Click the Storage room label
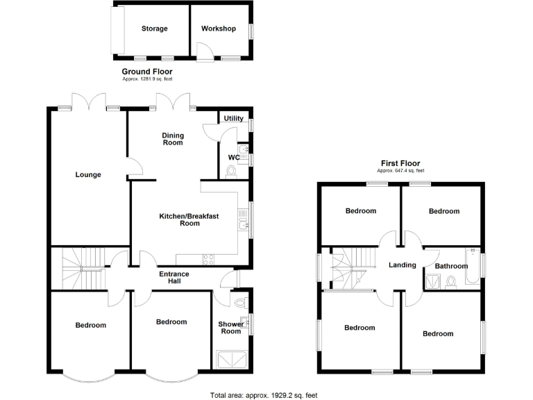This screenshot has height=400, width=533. pyautogui.click(x=154, y=28)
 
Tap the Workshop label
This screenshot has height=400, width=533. pyautogui.click(x=219, y=28)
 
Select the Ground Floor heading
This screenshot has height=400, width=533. pyautogui.click(x=147, y=72)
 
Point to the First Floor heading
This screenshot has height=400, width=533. pyautogui.click(x=400, y=163)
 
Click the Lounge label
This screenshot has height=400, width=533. pyautogui.click(x=88, y=174)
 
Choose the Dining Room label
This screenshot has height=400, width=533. pyautogui.click(x=173, y=139)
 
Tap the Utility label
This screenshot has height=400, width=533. pyautogui.click(x=234, y=119)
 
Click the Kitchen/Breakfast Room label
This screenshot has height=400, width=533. pyautogui.click(x=189, y=220)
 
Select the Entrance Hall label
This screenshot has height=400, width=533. pyautogui.click(x=174, y=278)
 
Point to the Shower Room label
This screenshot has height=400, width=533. pyautogui.click(x=231, y=328)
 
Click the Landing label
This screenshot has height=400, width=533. pyautogui.click(x=402, y=265)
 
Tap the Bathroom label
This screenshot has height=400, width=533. pyautogui.click(x=451, y=266)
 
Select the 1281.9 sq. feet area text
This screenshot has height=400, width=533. pyautogui.click(x=147, y=79)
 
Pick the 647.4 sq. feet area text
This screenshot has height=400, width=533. pyautogui.click(x=400, y=171)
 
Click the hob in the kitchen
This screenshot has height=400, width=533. pyautogui.click(x=208, y=259)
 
